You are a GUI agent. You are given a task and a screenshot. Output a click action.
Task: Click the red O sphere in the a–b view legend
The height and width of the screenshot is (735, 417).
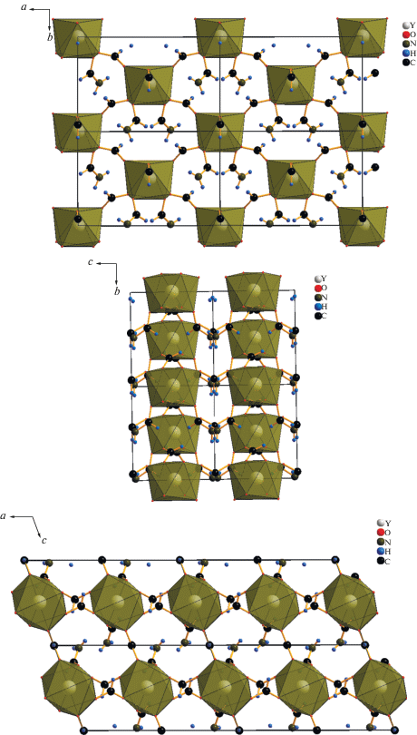pos(406,34)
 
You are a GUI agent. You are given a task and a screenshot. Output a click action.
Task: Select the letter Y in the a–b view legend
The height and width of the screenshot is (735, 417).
pos(412,24)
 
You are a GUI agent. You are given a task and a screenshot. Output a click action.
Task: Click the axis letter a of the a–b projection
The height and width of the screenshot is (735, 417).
pos(24,8)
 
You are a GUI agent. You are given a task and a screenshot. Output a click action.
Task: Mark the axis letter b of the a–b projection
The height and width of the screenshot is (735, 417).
pos(50,37)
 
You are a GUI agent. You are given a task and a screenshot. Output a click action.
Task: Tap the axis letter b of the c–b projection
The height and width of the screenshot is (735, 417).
pos(117,292)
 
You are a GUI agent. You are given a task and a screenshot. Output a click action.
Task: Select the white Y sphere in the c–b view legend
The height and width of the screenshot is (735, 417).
pos(318,279)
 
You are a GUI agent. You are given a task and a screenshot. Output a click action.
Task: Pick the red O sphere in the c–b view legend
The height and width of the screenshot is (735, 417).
pos(318,288)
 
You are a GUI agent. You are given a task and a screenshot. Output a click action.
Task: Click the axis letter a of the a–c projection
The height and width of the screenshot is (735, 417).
pos(4,515)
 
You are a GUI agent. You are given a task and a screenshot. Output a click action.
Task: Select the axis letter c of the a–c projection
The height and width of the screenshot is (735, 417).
pos(44,541)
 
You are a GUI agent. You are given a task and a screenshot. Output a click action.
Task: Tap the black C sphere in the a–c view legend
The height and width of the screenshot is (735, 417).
pos(381,561)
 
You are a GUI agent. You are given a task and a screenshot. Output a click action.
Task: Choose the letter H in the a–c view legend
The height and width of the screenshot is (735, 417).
pos(388,552)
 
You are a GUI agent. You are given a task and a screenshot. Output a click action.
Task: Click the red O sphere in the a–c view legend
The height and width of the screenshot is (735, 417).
pos(381,532)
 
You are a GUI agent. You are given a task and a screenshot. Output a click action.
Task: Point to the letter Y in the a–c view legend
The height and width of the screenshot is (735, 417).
pos(387,522)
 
